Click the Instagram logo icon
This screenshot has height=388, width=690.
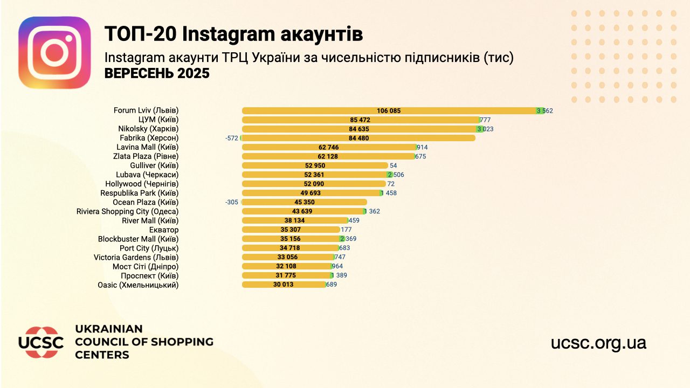[54, 52]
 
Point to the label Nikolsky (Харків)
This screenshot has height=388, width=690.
[148, 129]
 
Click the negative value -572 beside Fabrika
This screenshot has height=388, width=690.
[232, 138]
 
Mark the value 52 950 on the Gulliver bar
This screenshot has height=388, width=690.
[315, 165]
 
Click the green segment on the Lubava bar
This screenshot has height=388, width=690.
[390, 175]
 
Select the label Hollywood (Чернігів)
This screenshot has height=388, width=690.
[142, 184]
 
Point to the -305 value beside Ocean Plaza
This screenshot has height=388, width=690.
[232, 202]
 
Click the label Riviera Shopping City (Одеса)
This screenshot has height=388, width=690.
[127, 211]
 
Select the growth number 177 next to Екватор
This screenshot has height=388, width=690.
[346, 230]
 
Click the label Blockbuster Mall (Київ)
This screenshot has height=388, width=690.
[138, 239]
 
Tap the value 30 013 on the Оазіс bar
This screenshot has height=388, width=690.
[284, 285]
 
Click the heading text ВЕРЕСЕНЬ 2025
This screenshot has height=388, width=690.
[157, 74]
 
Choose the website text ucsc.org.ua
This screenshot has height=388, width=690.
[598, 343]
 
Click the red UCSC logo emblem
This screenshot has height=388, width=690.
[41, 343]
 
